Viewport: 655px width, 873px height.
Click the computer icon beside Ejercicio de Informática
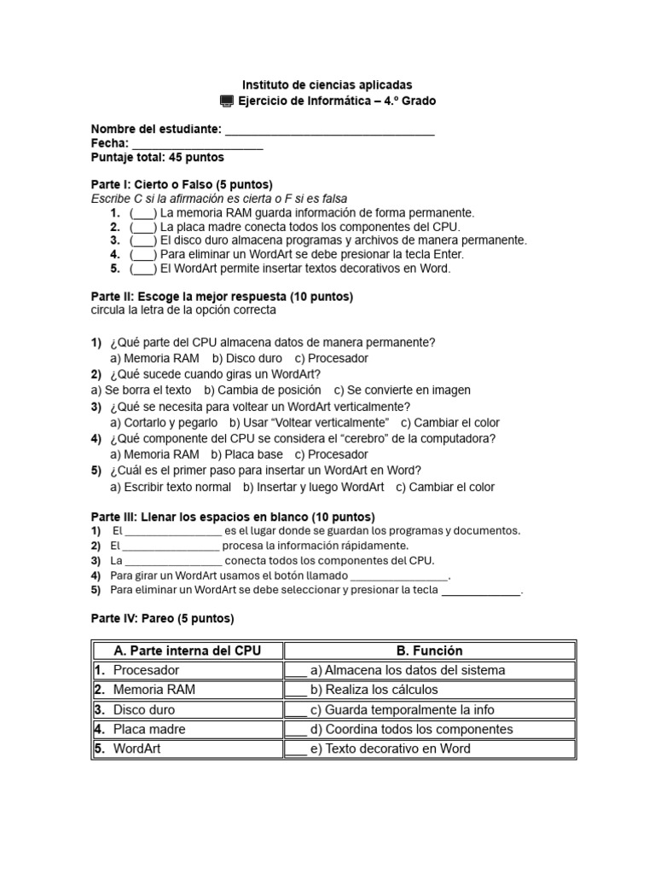point(226,101)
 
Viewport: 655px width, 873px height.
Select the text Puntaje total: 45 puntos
point(158,158)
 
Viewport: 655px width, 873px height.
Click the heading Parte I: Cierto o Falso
point(182,184)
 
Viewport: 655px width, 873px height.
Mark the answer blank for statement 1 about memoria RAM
point(143,213)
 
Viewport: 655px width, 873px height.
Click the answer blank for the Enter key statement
point(143,254)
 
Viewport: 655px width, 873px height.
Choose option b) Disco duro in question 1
point(247,359)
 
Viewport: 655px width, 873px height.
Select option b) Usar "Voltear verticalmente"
point(309,423)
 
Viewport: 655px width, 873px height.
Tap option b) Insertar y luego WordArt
point(313,488)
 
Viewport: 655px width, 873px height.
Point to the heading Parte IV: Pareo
point(162,619)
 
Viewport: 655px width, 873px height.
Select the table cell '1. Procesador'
point(187,670)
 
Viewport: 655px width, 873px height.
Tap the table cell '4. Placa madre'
point(187,729)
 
